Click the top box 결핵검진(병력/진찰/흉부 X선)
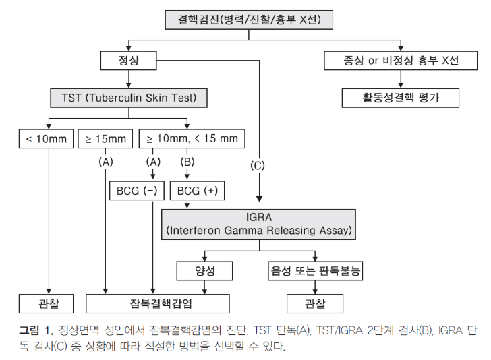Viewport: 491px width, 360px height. point(249,20)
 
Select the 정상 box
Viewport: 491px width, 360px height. point(128,61)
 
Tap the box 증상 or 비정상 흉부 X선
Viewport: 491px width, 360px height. point(401,61)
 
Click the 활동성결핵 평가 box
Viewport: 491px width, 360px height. point(401,98)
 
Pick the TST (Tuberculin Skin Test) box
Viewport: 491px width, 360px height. point(129,98)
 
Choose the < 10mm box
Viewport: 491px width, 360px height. point(46,139)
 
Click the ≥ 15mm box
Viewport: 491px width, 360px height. point(105,139)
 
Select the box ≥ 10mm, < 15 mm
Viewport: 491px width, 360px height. point(192,139)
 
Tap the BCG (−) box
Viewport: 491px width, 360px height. point(137,191)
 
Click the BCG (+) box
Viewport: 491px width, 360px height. point(197,191)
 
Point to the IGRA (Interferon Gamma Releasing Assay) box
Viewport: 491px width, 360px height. point(259,224)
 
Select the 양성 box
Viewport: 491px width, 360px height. point(204,271)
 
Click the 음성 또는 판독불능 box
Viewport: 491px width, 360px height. point(316,271)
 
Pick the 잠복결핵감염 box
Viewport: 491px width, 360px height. point(158,303)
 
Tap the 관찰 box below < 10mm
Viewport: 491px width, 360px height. point(46,303)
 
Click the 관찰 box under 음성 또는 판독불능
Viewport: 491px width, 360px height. point(315,303)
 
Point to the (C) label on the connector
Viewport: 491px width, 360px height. point(258,166)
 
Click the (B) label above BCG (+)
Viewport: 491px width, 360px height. point(187,162)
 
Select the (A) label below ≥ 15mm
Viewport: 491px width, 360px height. point(105,162)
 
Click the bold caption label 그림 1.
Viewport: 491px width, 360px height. point(36,330)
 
